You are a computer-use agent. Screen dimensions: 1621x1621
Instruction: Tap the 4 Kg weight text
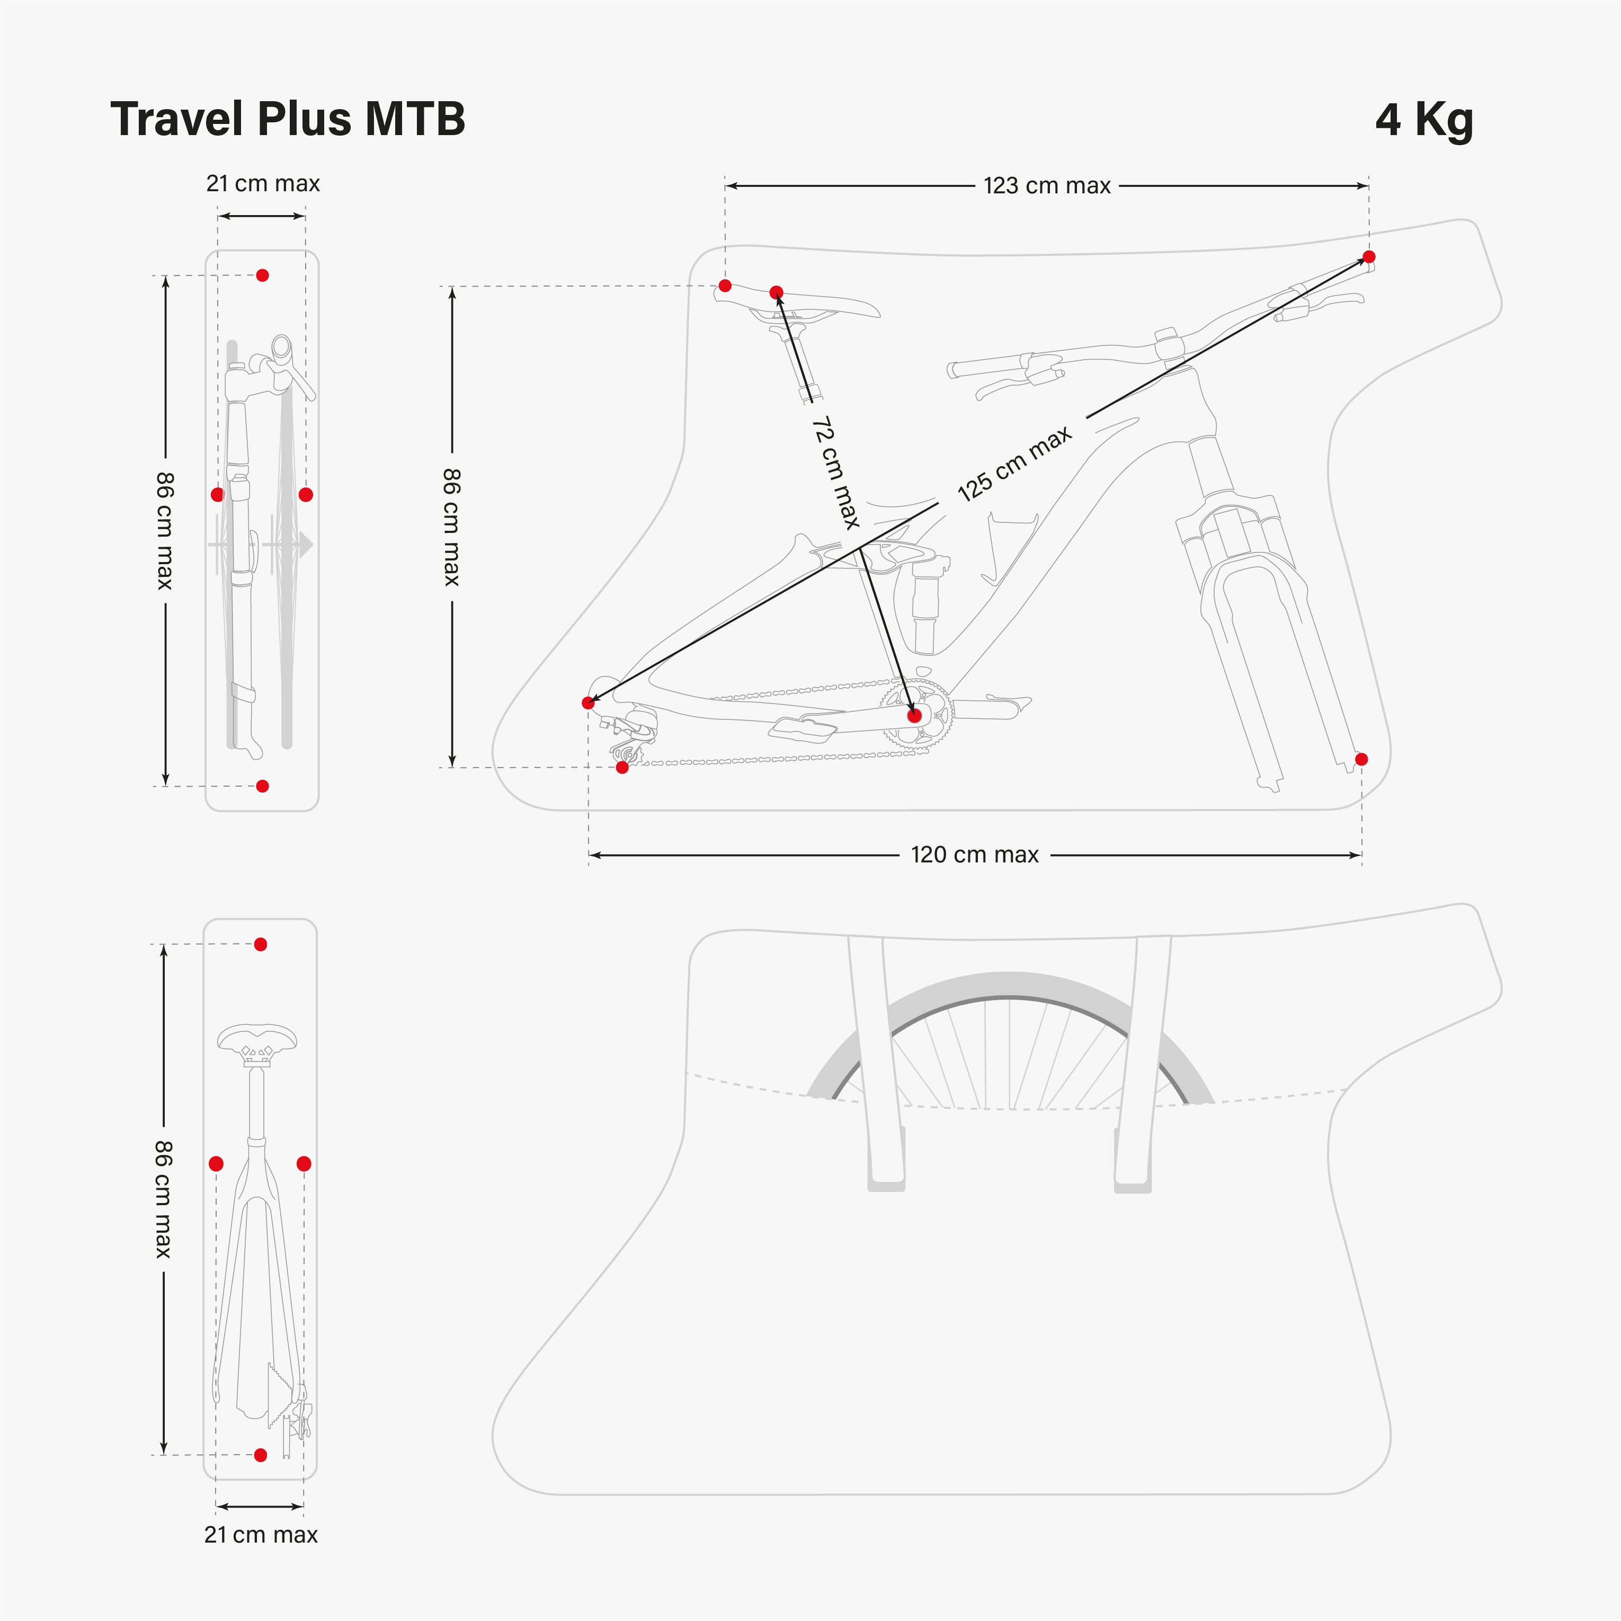(x=1424, y=120)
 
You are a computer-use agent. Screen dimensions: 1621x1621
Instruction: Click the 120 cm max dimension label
(x=974, y=855)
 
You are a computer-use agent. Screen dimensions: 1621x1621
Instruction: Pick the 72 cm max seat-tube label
(x=836, y=473)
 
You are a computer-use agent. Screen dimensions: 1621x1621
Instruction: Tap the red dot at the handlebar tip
(x=1368, y=257)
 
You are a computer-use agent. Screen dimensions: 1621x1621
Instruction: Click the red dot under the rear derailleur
(x=622, y=767)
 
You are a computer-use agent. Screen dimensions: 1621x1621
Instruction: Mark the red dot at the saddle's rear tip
(x=725, y=286)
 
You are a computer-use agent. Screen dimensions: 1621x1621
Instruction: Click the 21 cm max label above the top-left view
(x=263, y=184)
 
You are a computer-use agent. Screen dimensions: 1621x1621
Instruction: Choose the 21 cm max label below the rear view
(x=261, y=1535)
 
